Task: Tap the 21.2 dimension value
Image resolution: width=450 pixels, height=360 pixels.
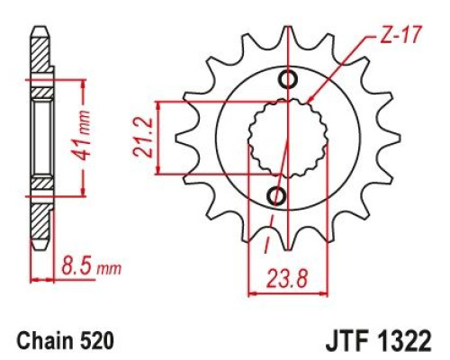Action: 143,138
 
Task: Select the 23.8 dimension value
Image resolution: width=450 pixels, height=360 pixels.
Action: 287,279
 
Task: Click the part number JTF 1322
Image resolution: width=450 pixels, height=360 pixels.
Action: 379,341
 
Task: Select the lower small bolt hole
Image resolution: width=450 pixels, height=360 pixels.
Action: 276,196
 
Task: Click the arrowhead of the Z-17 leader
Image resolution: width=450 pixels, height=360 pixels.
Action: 310,99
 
